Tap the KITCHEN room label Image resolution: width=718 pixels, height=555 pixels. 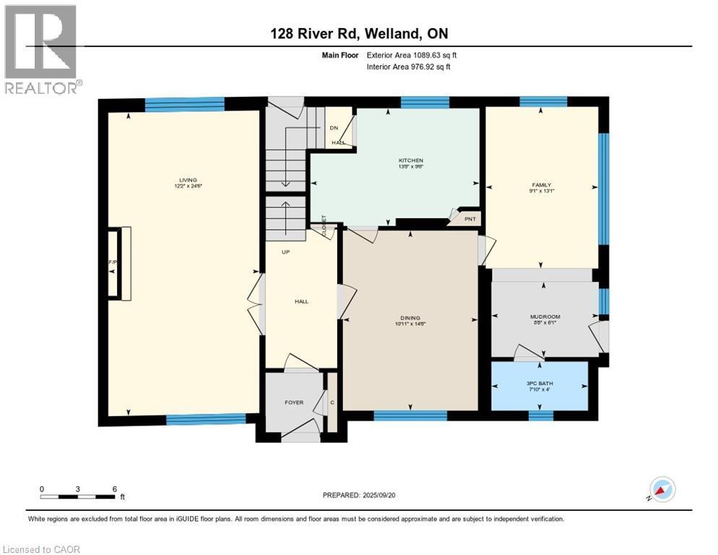click(410, 160)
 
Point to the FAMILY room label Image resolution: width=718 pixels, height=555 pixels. click(541, 186)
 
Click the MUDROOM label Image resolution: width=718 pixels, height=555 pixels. click(545, 317)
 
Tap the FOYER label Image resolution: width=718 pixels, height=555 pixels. click(294, 403)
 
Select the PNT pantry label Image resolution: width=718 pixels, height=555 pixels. click(470, 218)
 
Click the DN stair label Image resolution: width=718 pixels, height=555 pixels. click(334, 128)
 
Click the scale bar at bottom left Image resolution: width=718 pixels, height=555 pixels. click(78, 496)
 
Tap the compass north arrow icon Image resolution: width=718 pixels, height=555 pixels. click(662, 489)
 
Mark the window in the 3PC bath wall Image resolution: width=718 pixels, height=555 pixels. click(540, 415)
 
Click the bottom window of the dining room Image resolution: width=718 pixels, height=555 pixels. click(410, 415)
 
